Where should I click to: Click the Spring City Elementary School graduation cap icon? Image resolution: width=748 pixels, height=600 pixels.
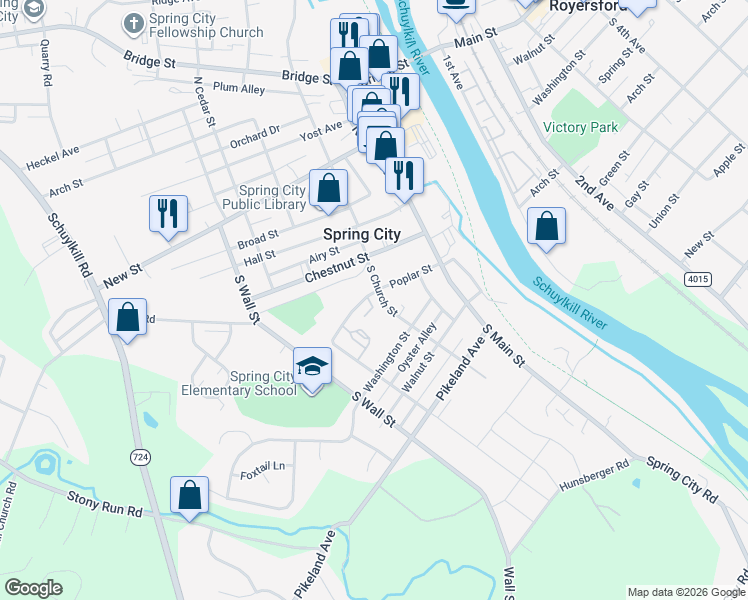[313, 367]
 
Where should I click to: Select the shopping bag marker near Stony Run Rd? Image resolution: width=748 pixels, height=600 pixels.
[189, 495]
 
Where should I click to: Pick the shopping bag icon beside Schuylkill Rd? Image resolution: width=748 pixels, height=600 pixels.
[127, 317]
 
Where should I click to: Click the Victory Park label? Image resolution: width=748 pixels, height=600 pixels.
[581, 127]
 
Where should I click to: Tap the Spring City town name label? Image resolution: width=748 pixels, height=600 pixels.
[362, 234]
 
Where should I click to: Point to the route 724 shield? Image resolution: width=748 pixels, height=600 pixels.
[140, 456]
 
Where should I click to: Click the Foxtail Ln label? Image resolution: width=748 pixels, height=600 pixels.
[263, 466]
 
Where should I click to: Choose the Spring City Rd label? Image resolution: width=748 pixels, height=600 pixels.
[682, 479]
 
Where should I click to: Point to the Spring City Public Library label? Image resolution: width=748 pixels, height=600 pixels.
[272, 197]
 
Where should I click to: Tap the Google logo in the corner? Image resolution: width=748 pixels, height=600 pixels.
[33, 588]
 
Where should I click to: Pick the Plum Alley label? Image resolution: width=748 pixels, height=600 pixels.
[239, 88]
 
